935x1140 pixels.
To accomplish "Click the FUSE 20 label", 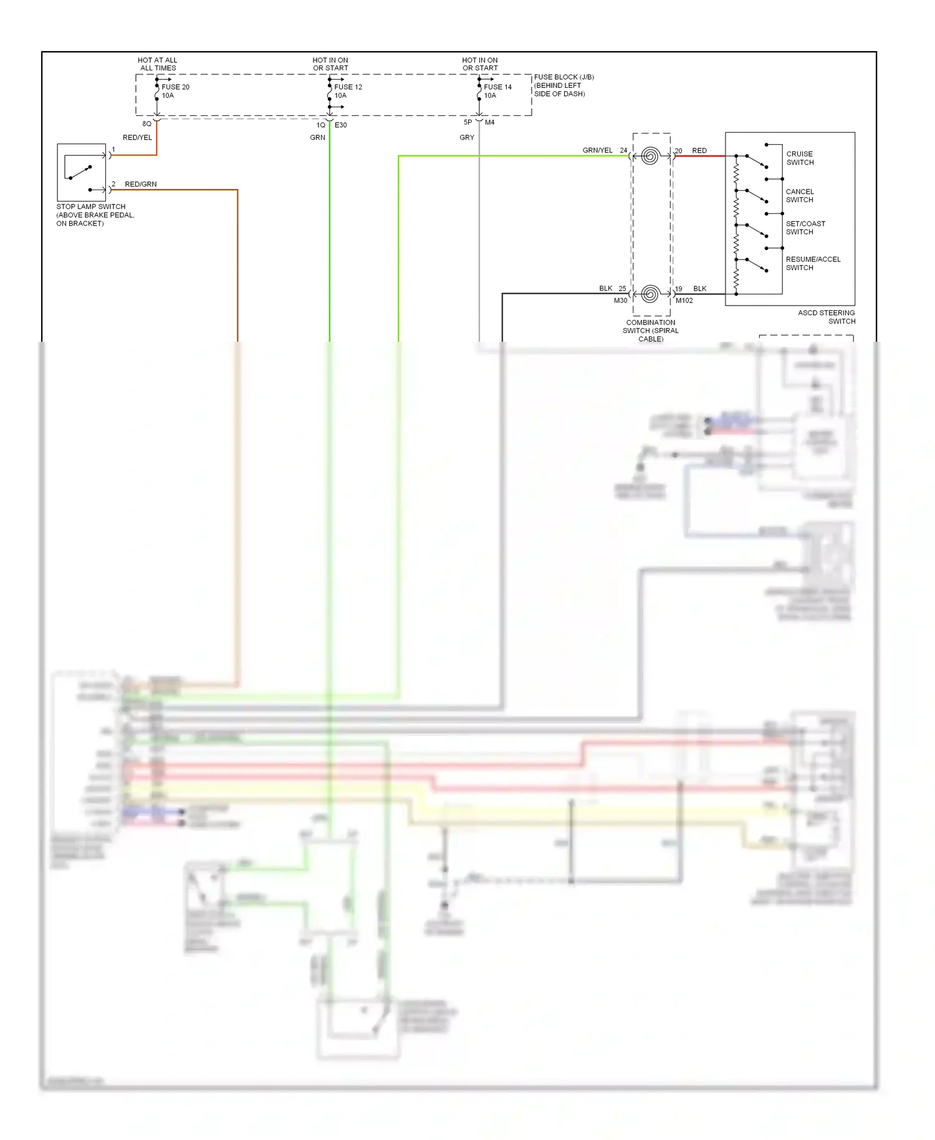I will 175,87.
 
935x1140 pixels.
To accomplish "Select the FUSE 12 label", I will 348,87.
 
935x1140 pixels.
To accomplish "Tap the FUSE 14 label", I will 497,87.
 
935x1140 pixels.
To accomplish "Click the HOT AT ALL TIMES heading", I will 158,64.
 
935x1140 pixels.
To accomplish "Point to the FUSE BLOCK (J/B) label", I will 563,77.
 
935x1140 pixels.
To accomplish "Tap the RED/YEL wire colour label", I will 137,138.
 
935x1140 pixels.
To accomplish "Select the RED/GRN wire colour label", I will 141,185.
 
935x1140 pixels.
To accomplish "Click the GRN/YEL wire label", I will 597,150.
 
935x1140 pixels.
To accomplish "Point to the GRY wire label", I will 467,138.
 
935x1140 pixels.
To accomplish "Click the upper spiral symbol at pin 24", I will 650,156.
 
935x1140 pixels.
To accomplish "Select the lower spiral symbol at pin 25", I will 650,294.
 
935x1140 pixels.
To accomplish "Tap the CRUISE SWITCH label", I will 800,158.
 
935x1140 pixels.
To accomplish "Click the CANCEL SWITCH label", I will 800,196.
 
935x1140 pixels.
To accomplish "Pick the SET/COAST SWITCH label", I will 805,228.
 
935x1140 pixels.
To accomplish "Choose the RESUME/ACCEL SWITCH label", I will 813,263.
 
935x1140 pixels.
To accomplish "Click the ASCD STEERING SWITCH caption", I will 827,317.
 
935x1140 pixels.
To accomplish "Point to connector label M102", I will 684,301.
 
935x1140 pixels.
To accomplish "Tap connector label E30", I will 340,125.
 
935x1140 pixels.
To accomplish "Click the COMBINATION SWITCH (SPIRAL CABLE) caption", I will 650,331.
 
